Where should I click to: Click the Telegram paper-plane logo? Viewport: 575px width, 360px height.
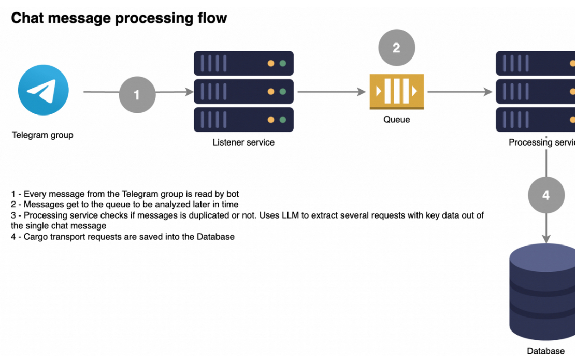(x=43, y=90)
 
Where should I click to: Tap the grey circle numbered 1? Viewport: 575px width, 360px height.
(x=137, y=95)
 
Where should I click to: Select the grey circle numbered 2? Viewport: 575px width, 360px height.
(x=396, y=48)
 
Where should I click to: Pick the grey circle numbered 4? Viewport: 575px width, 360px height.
(x=546, y=195)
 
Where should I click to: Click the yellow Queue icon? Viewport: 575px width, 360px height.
(x=396, y=92)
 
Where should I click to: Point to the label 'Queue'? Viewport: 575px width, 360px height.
(x=396, y=120)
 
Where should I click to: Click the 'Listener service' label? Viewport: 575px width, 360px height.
(x=243, y=142)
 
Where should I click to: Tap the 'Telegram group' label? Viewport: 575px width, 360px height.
(x=42, y=135)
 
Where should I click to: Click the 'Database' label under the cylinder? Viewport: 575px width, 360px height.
(x=545, y=351)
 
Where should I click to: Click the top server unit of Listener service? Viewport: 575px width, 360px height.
(x=243, y=64)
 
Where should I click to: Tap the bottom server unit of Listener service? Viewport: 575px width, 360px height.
(x=243, y=120)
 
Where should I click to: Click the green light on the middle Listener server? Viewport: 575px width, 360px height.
(x=283, y=92)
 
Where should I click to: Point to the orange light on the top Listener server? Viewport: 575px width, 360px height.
(x=270, y=64)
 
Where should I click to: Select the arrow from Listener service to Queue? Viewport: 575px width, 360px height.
(x=332, y=92)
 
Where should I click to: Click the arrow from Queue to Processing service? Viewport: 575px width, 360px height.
(x=459, y=92)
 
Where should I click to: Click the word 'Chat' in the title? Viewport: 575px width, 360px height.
(x=27, y=18)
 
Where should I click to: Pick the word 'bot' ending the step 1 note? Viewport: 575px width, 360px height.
(x=232, y=194)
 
